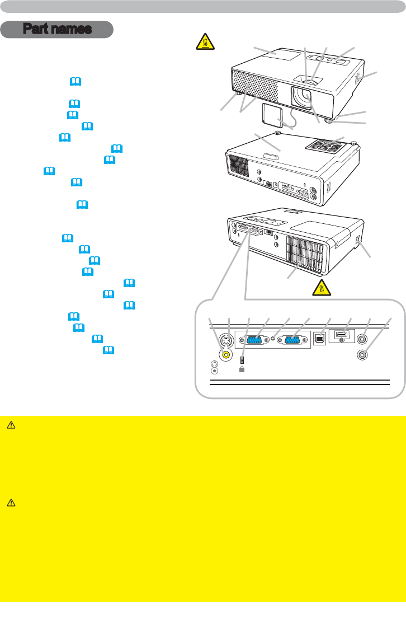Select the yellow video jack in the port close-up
point(226,354)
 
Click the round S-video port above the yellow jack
point(226,340)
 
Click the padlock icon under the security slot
point(242,369)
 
